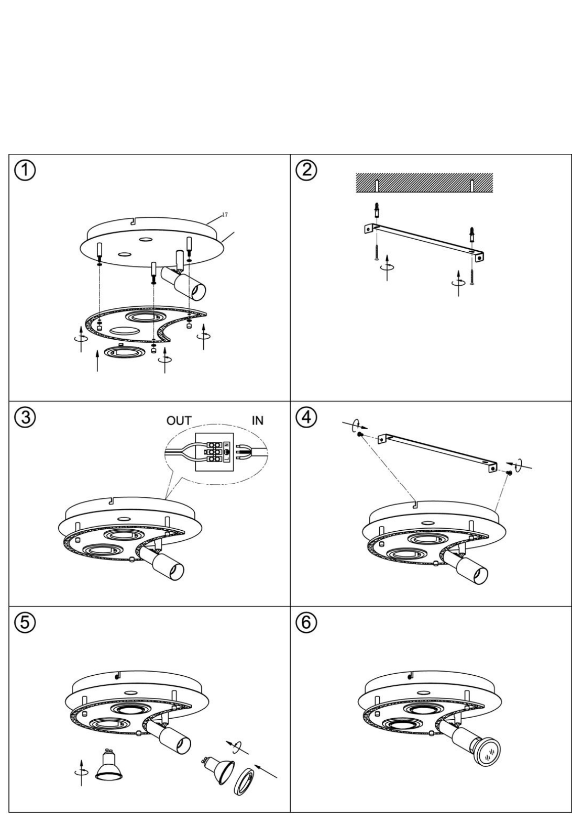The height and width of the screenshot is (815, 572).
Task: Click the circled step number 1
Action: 25,171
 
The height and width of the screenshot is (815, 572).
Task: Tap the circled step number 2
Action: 306,170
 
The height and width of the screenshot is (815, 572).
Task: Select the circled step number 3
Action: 25,417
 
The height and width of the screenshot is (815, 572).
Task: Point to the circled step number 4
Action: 306,417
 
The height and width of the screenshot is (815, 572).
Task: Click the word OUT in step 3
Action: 179,421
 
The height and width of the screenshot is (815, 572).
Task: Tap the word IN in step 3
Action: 257,421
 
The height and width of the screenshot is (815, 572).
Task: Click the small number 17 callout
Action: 225,215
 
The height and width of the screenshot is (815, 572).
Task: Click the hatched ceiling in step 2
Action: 424,182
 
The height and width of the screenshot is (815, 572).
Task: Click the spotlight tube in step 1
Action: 184,282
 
